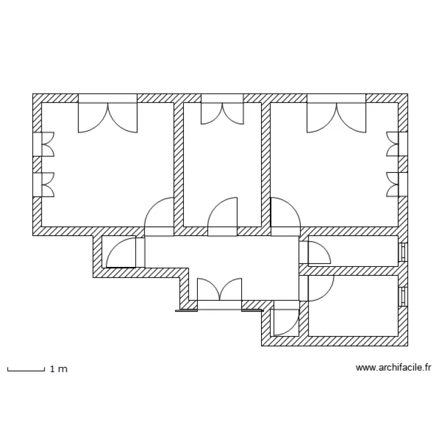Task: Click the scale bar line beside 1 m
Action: (x=26, y=371)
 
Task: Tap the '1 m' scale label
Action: (x=59, y=369)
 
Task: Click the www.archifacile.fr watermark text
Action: (x=393, y=368)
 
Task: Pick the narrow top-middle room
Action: (x=222, y=164)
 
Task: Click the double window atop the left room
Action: (x=108, y=113)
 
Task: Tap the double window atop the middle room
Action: (x=222, y=109)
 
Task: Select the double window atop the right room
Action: (x=337, y=113)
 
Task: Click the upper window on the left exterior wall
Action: (x=43, y=144)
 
